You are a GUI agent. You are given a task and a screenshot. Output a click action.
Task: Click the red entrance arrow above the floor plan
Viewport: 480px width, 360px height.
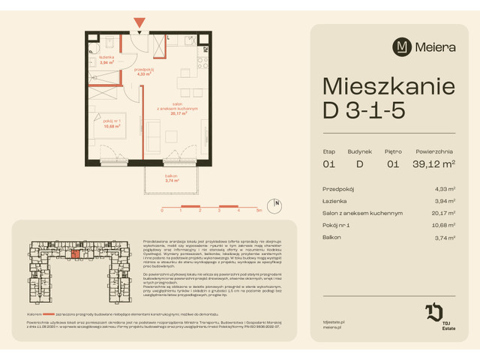[139, 22]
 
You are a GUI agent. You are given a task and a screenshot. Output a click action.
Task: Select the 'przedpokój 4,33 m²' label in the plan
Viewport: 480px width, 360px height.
[145, 72]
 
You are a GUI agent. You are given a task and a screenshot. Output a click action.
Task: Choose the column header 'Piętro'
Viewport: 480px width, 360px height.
[391, 151]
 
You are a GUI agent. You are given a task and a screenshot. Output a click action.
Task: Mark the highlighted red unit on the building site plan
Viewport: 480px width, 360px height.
[75, 253]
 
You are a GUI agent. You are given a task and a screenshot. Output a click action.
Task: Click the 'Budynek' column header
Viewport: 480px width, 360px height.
[359, 151]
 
